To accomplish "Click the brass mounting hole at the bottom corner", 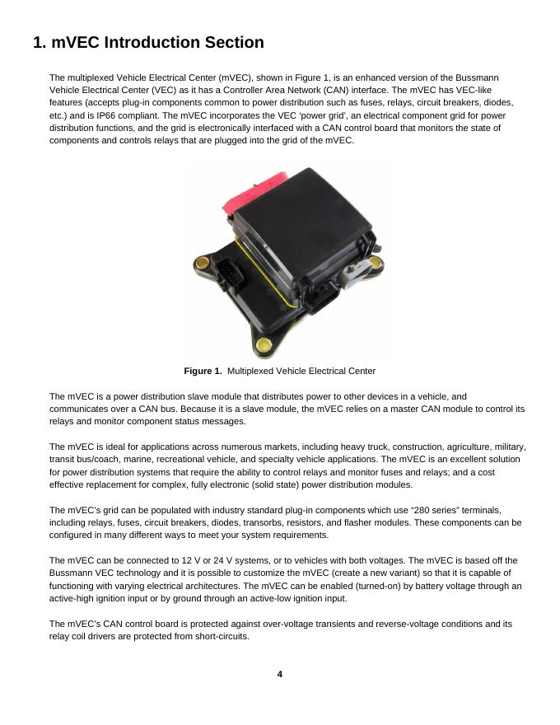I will (x=263, y=344).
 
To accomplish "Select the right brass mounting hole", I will (x=375, y=262).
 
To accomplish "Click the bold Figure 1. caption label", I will (x=203, y=371).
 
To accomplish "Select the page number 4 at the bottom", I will (x=279, y=674).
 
